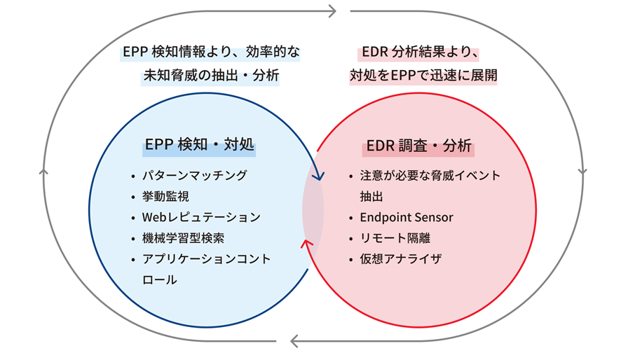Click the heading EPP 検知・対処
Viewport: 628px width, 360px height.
[200, 146]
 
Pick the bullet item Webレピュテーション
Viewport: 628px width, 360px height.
[200, 217]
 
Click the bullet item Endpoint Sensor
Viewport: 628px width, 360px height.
[407, 217]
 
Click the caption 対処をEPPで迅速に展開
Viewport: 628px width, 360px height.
[423, 75]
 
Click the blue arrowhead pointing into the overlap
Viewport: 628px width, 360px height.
[318, 176]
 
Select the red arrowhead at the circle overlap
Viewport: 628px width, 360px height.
[306, 242]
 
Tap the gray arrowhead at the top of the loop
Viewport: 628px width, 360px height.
[332, 11]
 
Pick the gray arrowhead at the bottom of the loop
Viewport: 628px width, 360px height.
[295, 342]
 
